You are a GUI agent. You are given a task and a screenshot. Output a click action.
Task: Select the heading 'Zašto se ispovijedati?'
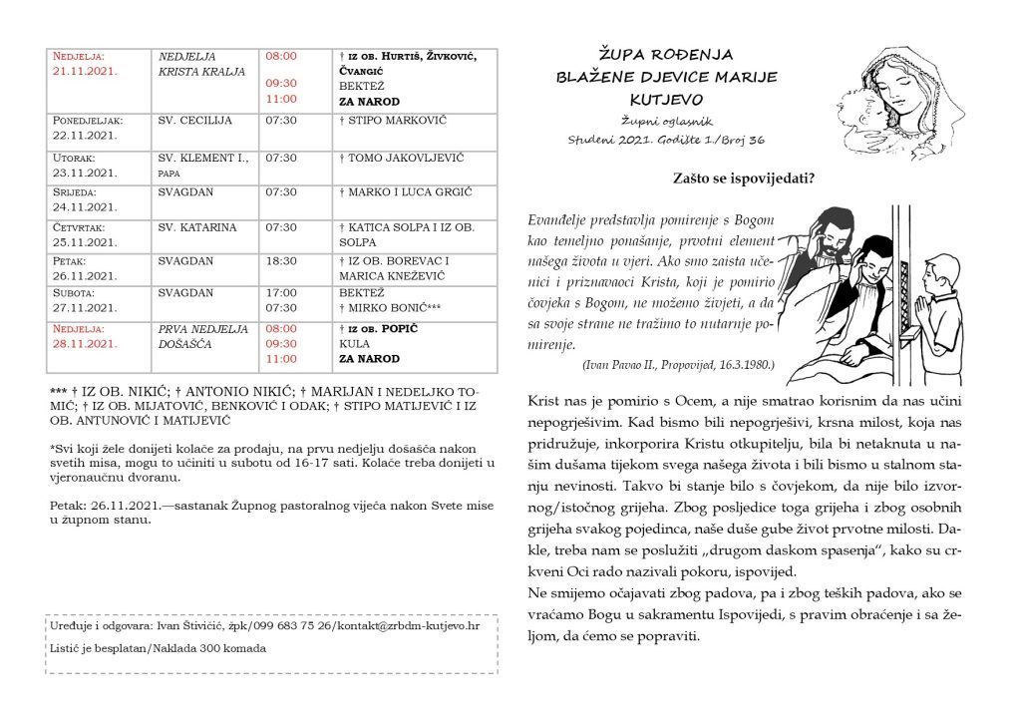[x=744, y=179]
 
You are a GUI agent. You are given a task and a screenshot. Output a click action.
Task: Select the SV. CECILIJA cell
[x=195, y=121]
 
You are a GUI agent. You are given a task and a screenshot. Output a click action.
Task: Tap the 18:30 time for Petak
[x=281, y=260]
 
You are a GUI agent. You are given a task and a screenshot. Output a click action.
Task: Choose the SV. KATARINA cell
[x=197, y=227]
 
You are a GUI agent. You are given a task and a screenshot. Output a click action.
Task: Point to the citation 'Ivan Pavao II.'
[x=628, y=365]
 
